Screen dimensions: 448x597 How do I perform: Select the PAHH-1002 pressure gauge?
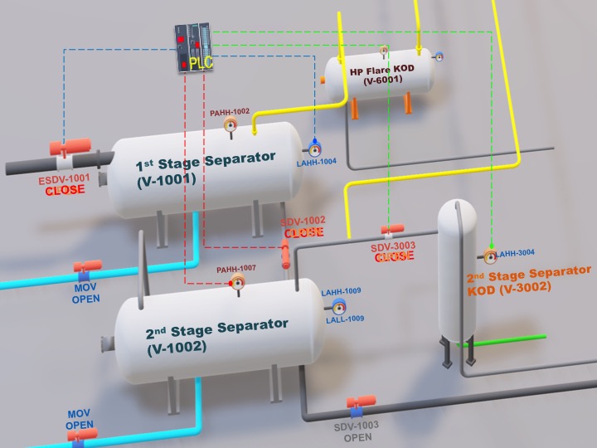231,124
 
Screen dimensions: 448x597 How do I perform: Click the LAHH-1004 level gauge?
315,149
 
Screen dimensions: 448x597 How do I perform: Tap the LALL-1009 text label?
343,319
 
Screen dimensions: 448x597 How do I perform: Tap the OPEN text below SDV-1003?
357,437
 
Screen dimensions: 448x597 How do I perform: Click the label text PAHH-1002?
230,112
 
